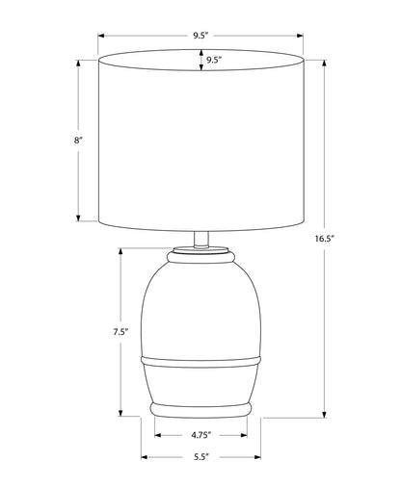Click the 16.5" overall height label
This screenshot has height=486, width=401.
tap(325, 239)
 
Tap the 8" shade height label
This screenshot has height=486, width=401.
tap(78, 141)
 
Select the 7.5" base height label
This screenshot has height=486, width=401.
tap(120, 332)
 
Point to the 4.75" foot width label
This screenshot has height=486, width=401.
tap(201, 435)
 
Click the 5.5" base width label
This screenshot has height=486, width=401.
tap(201, 457)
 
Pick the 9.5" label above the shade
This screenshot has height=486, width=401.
tap(200, 36)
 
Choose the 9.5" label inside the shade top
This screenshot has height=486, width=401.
tap(214, 60)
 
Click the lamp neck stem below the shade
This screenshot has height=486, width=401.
tap(201, 240)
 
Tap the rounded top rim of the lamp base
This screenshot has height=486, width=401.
tap(200, 258)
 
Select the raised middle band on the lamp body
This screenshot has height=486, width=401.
tap(200, 362)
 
